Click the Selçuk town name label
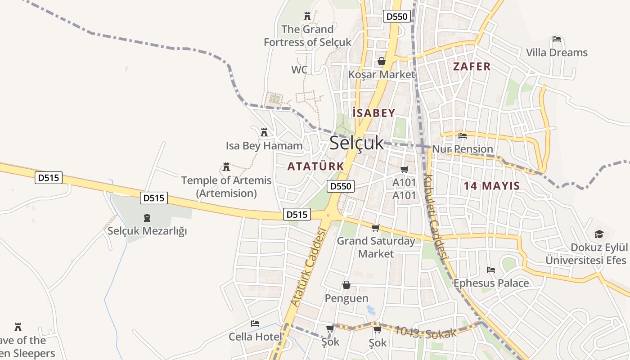tap(356, 143)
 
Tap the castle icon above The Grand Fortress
tap(307, 17)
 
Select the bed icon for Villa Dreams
tap(557, 40)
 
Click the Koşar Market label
tap(381, 74)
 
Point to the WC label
tap(299, 70)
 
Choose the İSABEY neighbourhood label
tap(373, 113)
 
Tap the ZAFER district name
tap(472, 67)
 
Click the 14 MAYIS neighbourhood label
tap(492, 185)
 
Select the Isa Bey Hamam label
tap(264, 146)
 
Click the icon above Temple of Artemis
tap(226, 167)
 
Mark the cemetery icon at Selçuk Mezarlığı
tap(147, 218)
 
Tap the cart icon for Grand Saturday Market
tap(376, 228)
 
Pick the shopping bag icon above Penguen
tap(346, 285)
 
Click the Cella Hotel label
tap(255, 337)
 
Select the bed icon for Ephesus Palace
tap(491, 270)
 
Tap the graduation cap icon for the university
tap(599, 234)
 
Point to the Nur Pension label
tap(463, 149)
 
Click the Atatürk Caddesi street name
tap(308, 267)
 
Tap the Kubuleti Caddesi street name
tap(435, 216)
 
